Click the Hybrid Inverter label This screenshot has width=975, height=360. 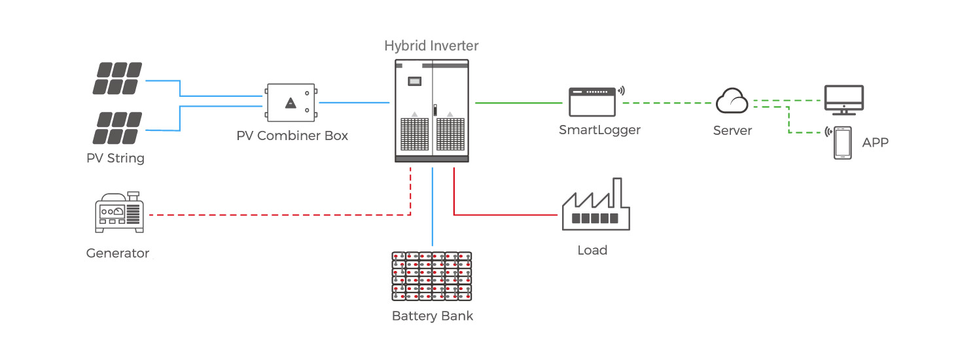[x=431, y=46]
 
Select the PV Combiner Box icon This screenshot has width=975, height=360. [x=291, y=103]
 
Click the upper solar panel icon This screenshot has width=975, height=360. [x=118, y=78]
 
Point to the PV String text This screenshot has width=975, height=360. [x=115, y=158]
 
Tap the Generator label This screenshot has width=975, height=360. [x=118, y=253]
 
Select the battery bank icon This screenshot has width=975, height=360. [x=432, y=276]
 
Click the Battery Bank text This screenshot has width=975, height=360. [x=432, y=316]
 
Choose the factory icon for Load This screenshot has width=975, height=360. [x=595, y=206]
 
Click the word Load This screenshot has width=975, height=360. [x=592, y=250]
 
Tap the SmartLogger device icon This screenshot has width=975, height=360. [x=593, y=101]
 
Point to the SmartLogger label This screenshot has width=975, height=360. [x=599, y=130]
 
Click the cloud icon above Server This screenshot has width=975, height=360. [x=732, y=101]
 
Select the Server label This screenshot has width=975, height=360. [x=732, y=130]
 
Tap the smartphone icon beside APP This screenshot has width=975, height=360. [x=842, y=143]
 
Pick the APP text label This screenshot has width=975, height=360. [x=876, y=142]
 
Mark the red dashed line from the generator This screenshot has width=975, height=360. [x=275, y=215]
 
